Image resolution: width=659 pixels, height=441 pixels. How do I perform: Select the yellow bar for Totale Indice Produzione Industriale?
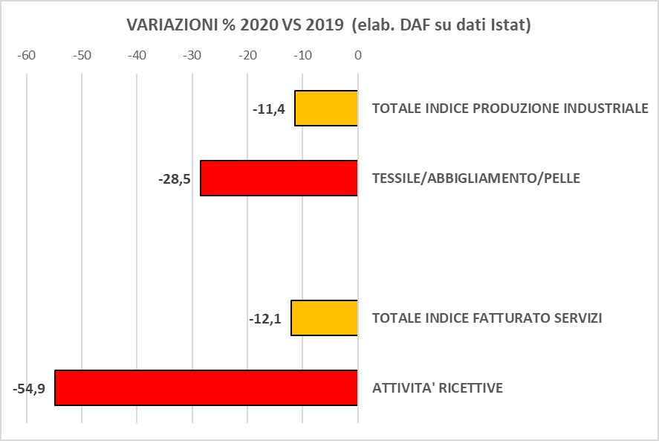point(326,109)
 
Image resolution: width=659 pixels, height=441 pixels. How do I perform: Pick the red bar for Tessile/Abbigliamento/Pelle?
point(279,178)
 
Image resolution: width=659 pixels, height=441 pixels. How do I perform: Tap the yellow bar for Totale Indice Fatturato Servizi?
point(324,318)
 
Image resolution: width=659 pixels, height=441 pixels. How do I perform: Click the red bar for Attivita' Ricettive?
point(206,387)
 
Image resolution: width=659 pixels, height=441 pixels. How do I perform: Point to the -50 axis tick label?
point(82,56)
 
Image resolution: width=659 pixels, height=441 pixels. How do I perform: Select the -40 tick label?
point(137,56)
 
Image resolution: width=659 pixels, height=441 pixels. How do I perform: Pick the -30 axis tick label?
point(192,56)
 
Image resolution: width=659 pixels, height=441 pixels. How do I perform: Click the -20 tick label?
point(247,56)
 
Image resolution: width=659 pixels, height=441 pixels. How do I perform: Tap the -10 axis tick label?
point(302,56)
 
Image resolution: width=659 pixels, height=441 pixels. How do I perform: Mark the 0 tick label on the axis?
point(357,56)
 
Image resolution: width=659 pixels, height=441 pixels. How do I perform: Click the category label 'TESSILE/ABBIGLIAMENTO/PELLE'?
point(476,178)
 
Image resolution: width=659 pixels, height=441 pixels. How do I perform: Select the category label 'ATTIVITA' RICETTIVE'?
point(438,388)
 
